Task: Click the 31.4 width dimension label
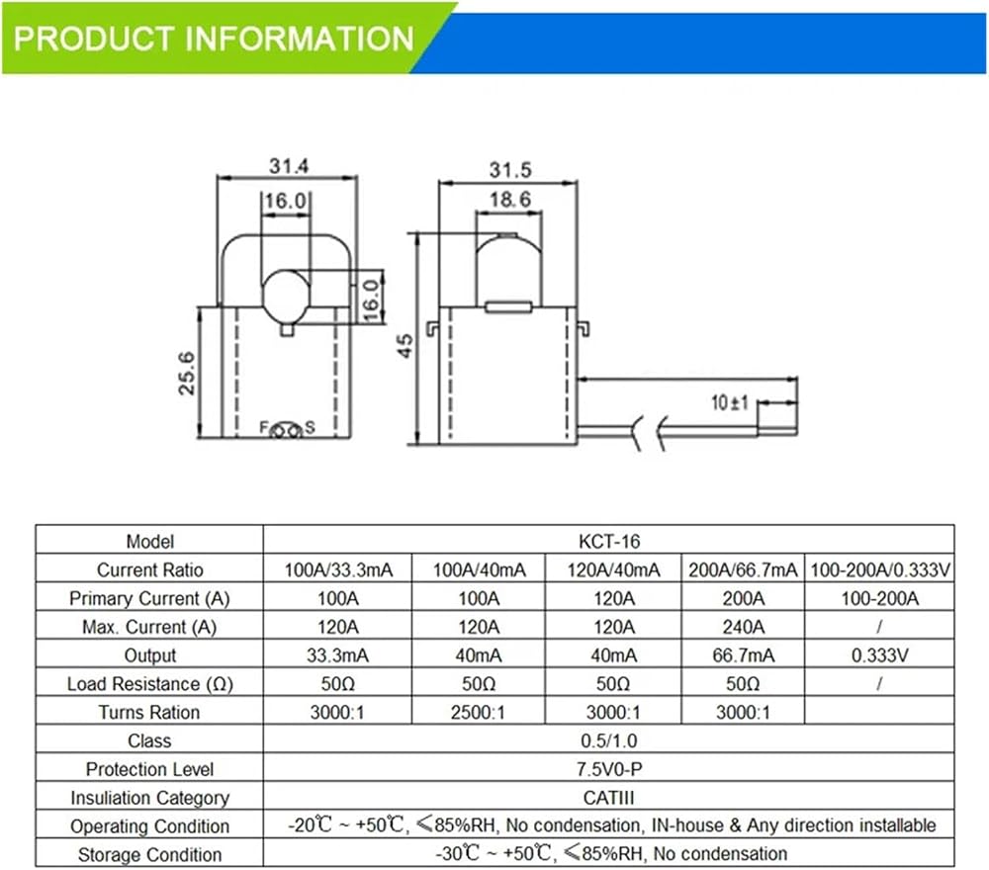point(289,166)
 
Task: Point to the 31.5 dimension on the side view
point(510,170)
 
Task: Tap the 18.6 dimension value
point(510,200)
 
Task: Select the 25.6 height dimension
point(187,374)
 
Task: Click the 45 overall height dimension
point(405,345)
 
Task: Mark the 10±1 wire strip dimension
point(730,402)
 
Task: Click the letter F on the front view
point(264,427)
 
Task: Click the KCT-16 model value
point(609,542)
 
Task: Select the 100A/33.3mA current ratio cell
point(338,570)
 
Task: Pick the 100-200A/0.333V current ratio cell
point(880,570)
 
